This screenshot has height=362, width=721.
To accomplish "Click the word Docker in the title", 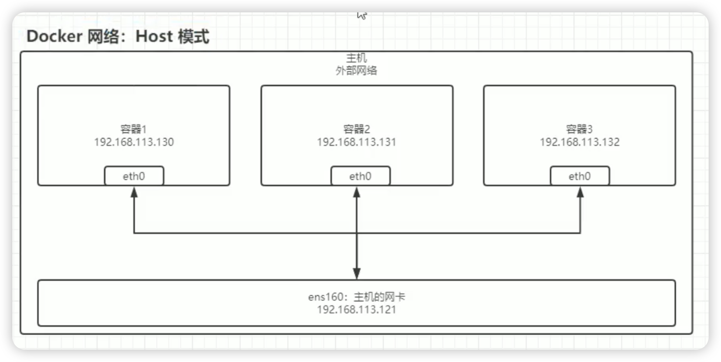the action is click(55, 36).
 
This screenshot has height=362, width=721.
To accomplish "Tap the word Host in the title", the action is click(153, 36).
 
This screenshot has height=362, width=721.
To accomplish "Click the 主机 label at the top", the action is click(356, 58).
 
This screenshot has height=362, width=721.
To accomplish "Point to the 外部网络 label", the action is click(356, 71).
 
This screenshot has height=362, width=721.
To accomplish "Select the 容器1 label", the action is click(134, 129).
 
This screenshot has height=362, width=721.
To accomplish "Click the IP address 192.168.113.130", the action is click(134, 142).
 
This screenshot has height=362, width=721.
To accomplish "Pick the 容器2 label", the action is click(357, 129).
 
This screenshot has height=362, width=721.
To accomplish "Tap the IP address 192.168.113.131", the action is click(357, 142).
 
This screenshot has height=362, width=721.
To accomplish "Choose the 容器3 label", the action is click(579, 129).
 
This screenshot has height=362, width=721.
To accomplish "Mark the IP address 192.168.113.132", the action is click(580, 142).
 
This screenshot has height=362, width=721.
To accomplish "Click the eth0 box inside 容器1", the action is click(134, 176).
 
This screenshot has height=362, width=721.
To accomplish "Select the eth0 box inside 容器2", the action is click(360, 176).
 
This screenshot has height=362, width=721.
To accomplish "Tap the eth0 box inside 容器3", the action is click(580, 176).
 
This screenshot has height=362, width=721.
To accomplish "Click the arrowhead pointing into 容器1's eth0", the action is click(134, 192).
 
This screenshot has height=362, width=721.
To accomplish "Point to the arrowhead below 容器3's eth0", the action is click(580, 192).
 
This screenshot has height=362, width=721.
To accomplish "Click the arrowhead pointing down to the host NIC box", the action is click(357, 274).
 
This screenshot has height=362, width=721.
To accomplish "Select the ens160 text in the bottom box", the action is click(325, 297).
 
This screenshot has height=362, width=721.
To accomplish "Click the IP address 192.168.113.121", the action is click(357, 310).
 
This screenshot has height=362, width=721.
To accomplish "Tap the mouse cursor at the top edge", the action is click(362, 15).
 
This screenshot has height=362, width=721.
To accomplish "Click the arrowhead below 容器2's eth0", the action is click(357, 192).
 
